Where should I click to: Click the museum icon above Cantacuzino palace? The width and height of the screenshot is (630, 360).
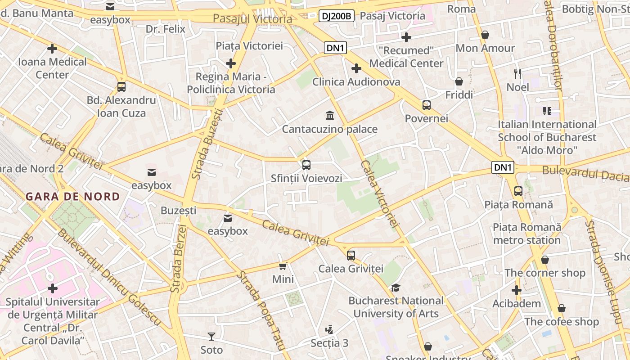[x=330, y=115]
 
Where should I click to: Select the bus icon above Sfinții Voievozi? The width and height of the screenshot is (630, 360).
[x=306, y=165]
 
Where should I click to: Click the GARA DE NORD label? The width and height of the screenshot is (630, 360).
[x=73, y=197]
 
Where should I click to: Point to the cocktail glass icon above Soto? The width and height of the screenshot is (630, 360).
[x=211, y=336]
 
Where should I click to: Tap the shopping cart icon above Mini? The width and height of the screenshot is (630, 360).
[x=283, y=266]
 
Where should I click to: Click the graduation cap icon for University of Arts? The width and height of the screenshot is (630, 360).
[x=396, y=288]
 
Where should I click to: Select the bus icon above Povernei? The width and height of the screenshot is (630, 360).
[x=426, y=105]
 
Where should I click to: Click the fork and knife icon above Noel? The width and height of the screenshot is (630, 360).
[x=517, y=73]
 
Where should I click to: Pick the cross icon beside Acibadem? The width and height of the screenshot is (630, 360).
[x=516, y=290]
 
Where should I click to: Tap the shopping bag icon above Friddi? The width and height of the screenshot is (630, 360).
[x=459, y=81]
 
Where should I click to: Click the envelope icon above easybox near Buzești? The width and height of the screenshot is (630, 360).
[x=228, y=218]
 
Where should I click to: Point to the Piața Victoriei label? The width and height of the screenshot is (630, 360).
[x=249, y=45]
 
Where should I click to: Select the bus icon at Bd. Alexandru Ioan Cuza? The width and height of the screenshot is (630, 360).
[x=121, y=86]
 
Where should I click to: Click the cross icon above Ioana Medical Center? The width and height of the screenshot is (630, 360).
[x=52, y=48]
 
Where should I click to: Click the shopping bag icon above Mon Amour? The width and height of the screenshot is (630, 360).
[x=485, y=35]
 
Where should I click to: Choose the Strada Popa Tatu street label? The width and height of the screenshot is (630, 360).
[x=261, y=310]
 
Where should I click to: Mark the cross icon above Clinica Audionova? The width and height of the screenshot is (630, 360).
[x=356, y=68]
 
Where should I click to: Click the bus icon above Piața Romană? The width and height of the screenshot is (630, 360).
[x=518, y=191]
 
